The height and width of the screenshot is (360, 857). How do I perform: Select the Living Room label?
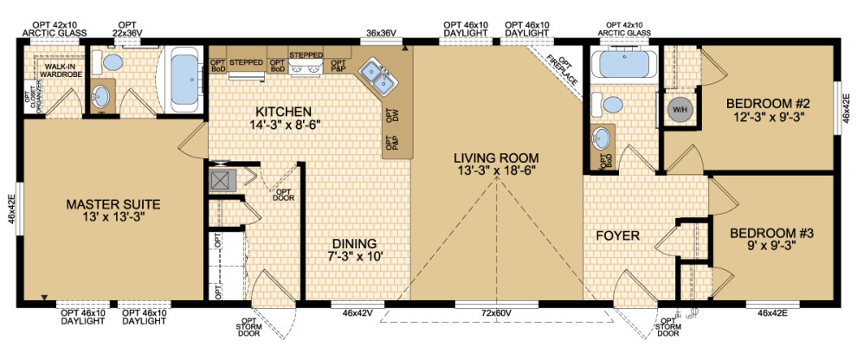tap(496, 164)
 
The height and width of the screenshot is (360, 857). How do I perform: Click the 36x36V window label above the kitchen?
tap(381, 33)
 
